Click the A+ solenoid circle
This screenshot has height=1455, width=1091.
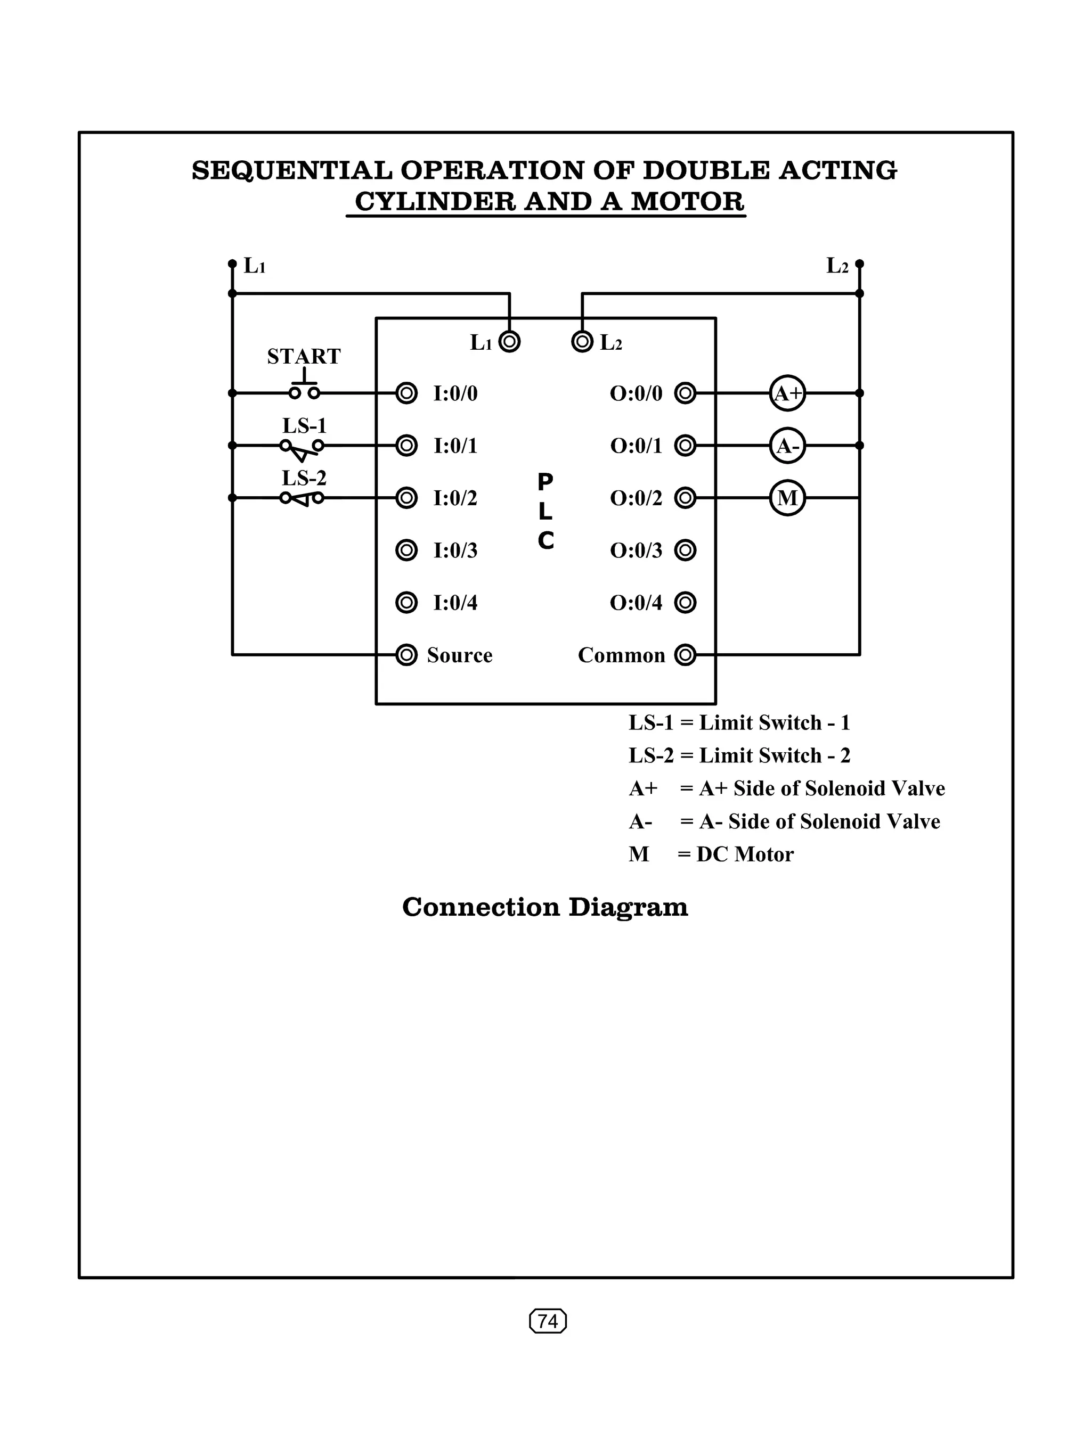pos(787,393)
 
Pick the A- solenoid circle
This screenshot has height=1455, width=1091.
pos(787,446)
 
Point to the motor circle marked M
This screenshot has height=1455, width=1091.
pos(787,498)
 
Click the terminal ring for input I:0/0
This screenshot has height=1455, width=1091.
pos(406,393)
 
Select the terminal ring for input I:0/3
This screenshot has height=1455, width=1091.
pos(406,550)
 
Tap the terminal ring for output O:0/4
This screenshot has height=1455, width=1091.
pos(685,603)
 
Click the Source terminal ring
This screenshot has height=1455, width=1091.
pos(406,655)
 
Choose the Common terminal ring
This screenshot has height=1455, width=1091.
pos(685,655)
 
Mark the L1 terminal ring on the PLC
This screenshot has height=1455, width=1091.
pos(509,341)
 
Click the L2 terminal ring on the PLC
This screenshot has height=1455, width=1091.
pos(582,341)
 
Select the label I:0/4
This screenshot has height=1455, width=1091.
pos(455,603)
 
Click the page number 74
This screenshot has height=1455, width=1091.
pos(548,1321)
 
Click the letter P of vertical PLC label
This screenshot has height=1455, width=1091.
pos(545,482)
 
